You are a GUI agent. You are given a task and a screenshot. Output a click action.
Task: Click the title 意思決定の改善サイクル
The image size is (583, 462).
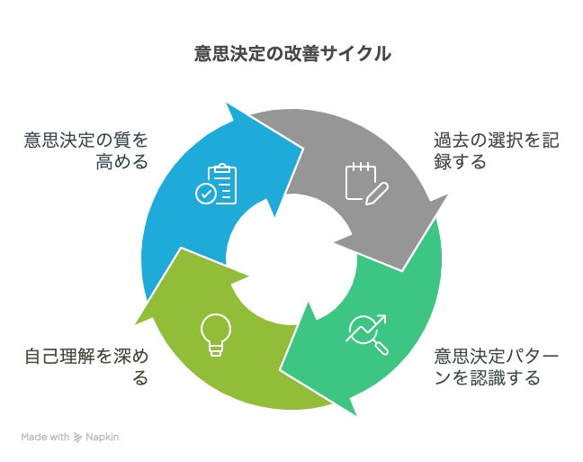(x=291, y=54)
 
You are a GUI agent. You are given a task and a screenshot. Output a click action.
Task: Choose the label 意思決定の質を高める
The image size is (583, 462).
(x=86, y=150)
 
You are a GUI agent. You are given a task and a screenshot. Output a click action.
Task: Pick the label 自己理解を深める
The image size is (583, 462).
(x=86, y=366)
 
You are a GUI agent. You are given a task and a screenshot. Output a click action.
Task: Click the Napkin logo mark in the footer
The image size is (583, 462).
(x=78, y=437)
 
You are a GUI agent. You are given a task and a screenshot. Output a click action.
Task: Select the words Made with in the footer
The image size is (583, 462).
(x=45, y=437)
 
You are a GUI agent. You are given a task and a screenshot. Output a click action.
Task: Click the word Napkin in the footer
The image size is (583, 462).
(x=103, y=437)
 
